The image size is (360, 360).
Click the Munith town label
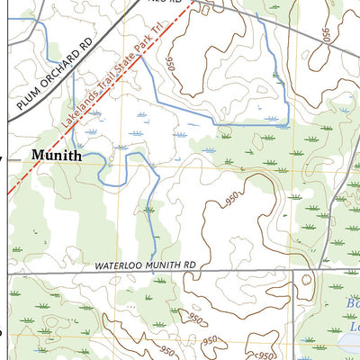click(x=56, y=155)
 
